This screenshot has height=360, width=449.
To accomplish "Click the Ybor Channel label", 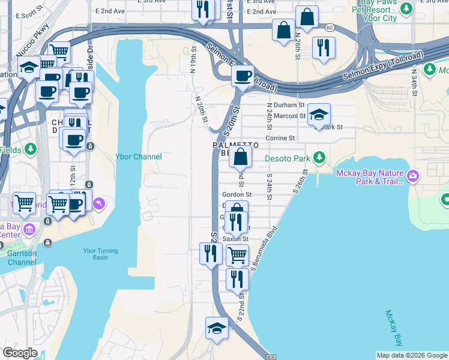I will pyautogui.click(x=138, y=157).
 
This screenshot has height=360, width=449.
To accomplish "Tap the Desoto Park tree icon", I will pyautogui.click(x=319, y=158).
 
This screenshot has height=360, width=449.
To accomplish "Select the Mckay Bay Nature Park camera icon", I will pyautogui.click(x=412, y=176).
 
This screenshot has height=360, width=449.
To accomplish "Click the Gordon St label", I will pyautogui.click(x=237, y=194).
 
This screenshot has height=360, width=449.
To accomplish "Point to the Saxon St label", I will pyautogui.click(x=235, y=239).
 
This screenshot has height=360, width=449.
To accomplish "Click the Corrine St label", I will pyautogui.click(x=280, y=138).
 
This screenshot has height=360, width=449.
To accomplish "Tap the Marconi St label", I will pyautogui.click(x=286, y=116).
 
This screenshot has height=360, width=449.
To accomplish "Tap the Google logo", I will pyautogui.click(x=20, y=353).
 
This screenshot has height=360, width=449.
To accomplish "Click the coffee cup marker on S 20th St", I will pyautogui.click(x=243, y=76).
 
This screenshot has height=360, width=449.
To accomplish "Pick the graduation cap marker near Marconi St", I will pyautogui.click(x=319, y=115).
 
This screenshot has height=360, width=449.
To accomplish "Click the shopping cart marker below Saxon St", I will pyautogui.click(x=237, y=255).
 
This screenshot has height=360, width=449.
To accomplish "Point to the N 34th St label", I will pyautogui.click(x=415, y=77).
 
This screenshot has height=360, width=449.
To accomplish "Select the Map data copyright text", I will pyautogui.click(x=412, y=355).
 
